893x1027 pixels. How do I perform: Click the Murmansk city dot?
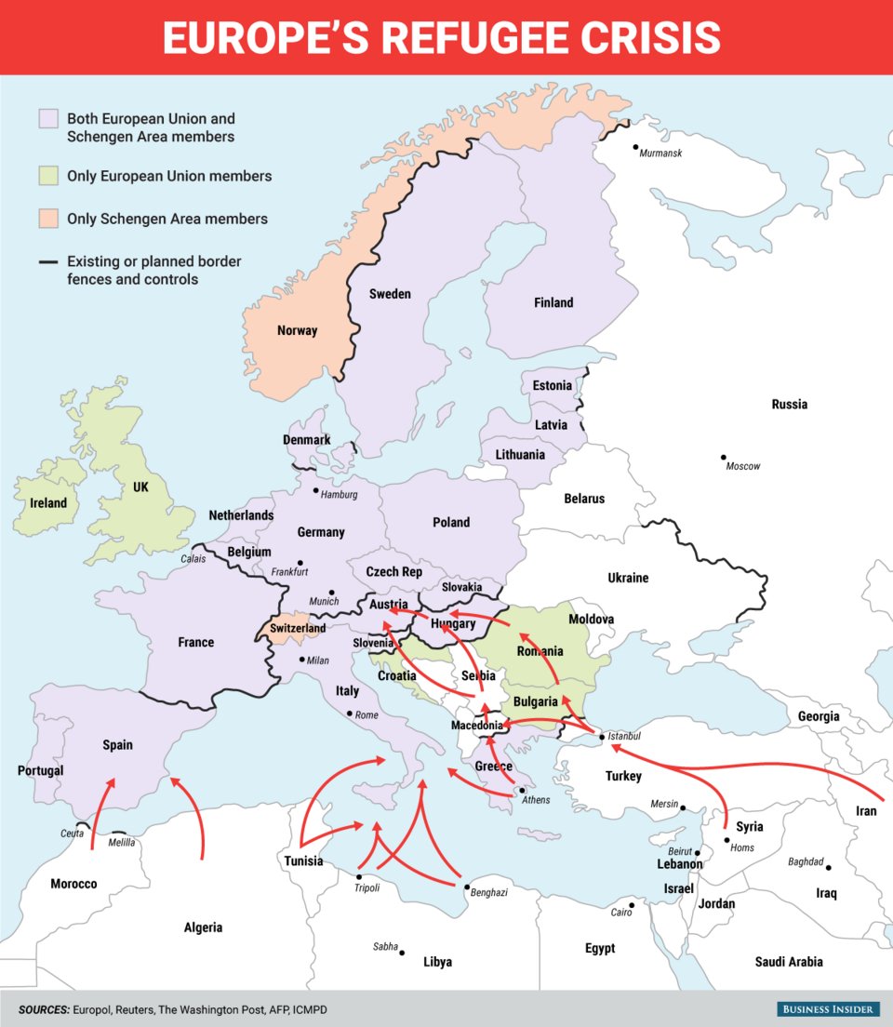635,146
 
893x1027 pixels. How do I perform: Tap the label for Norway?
297,330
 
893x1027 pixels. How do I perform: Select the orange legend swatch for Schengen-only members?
48,220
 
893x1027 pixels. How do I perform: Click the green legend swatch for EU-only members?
48,176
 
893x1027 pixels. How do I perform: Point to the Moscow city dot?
723,457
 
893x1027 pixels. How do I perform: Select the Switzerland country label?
298,629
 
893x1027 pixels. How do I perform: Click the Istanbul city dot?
603,738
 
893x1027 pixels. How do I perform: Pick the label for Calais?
193,559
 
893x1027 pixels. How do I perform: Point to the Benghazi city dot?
466,887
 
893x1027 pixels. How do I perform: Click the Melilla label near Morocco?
121,843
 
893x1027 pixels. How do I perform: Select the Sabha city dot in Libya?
402,952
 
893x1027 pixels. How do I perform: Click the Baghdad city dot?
828,867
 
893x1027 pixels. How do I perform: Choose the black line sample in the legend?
48,262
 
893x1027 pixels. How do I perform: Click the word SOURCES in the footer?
43,1009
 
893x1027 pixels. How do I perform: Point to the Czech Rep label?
393,572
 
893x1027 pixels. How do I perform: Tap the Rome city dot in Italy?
349,714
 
